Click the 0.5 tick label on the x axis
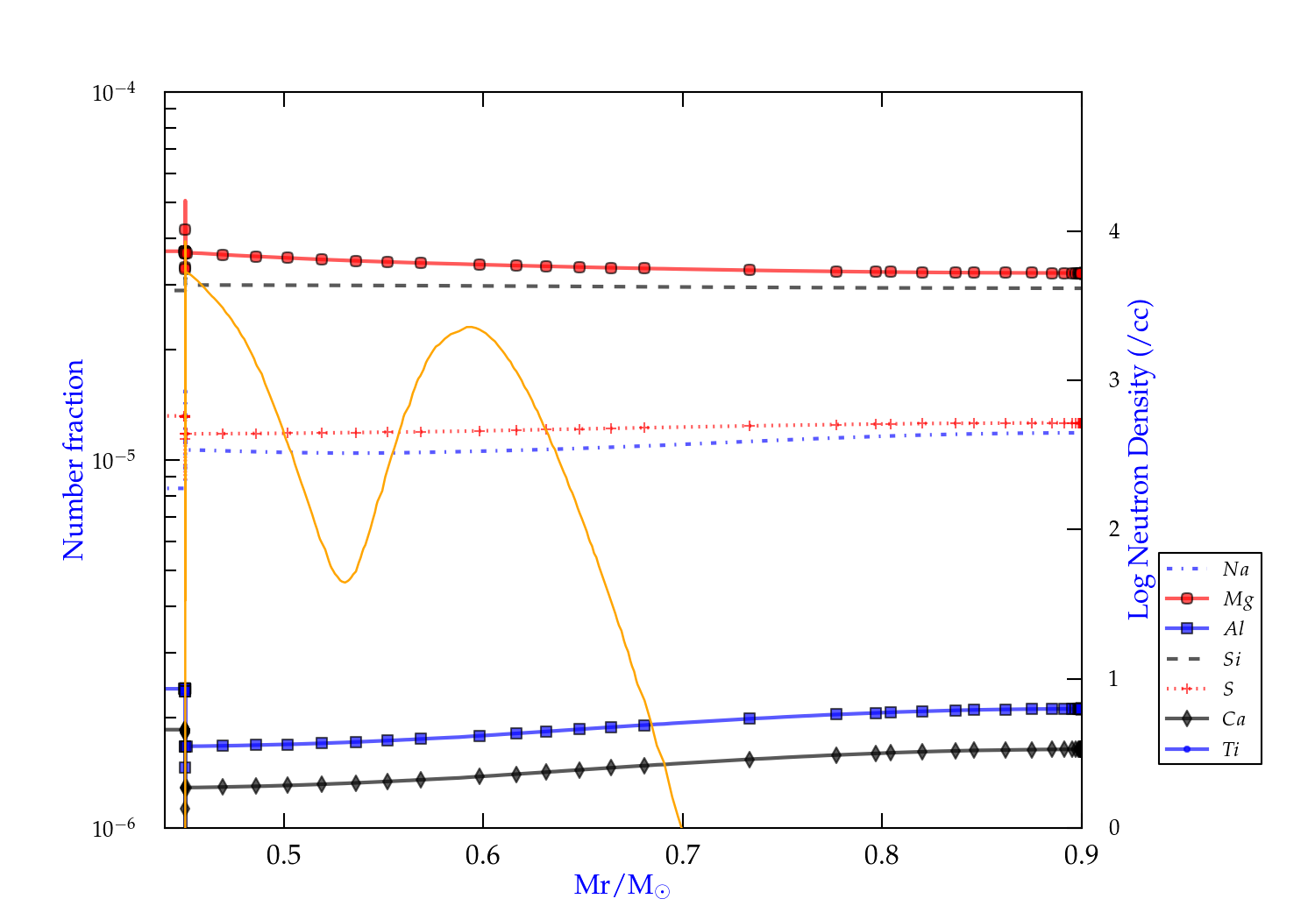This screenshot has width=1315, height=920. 283,855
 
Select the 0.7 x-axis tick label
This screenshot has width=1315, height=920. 682,855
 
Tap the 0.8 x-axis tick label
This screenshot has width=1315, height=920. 881,855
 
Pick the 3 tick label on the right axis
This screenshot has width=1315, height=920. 1114,380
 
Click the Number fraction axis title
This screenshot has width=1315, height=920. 74,460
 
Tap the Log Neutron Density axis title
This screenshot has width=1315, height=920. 1139,460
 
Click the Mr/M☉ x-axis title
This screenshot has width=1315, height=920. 622,886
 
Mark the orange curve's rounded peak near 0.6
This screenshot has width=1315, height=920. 470,327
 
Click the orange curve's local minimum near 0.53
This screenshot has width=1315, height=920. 345,582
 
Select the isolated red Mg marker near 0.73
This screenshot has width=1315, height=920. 750,270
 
